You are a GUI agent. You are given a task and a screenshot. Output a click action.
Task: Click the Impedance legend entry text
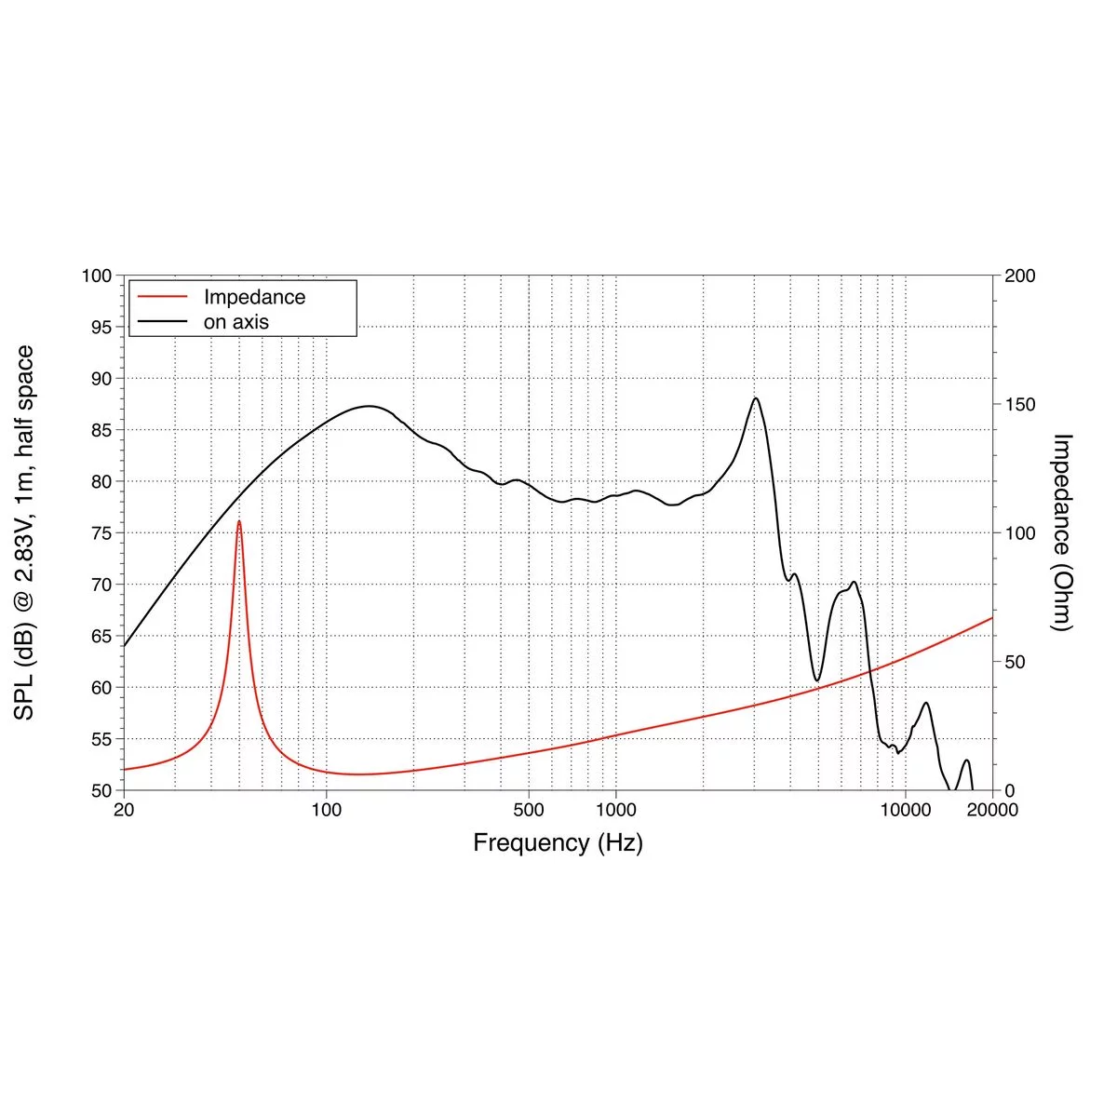pos(254,297)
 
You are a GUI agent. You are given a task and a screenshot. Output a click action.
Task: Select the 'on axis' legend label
pos(236,322)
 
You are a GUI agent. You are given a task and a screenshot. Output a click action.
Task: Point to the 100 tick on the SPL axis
pos(97,276)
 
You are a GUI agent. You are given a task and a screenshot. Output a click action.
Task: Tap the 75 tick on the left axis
pos(101,533)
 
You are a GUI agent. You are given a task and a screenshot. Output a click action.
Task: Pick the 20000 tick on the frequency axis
pos(992,810)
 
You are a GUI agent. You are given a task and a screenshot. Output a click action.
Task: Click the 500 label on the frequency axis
pos(529,810)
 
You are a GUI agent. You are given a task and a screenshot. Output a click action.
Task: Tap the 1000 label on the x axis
pos(615,810)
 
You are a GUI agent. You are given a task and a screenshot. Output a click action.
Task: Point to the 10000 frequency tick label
pos(905,810)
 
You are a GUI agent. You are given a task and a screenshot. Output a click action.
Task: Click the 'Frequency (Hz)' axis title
pos(558,843)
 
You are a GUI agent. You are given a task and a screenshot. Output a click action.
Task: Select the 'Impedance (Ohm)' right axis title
pos(1062,532)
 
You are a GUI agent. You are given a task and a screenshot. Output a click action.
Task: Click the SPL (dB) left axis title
pos(25,532)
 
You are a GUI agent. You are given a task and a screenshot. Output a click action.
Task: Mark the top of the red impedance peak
pos(239,521)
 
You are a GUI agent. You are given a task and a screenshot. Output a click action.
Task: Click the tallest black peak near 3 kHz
pos(755,398)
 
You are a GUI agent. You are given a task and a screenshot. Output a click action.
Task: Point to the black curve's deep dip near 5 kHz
pos(817,681)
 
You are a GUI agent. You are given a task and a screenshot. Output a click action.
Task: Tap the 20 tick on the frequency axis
pos(124,810)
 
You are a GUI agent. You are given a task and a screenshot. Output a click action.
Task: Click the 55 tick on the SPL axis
pos(101,739)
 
